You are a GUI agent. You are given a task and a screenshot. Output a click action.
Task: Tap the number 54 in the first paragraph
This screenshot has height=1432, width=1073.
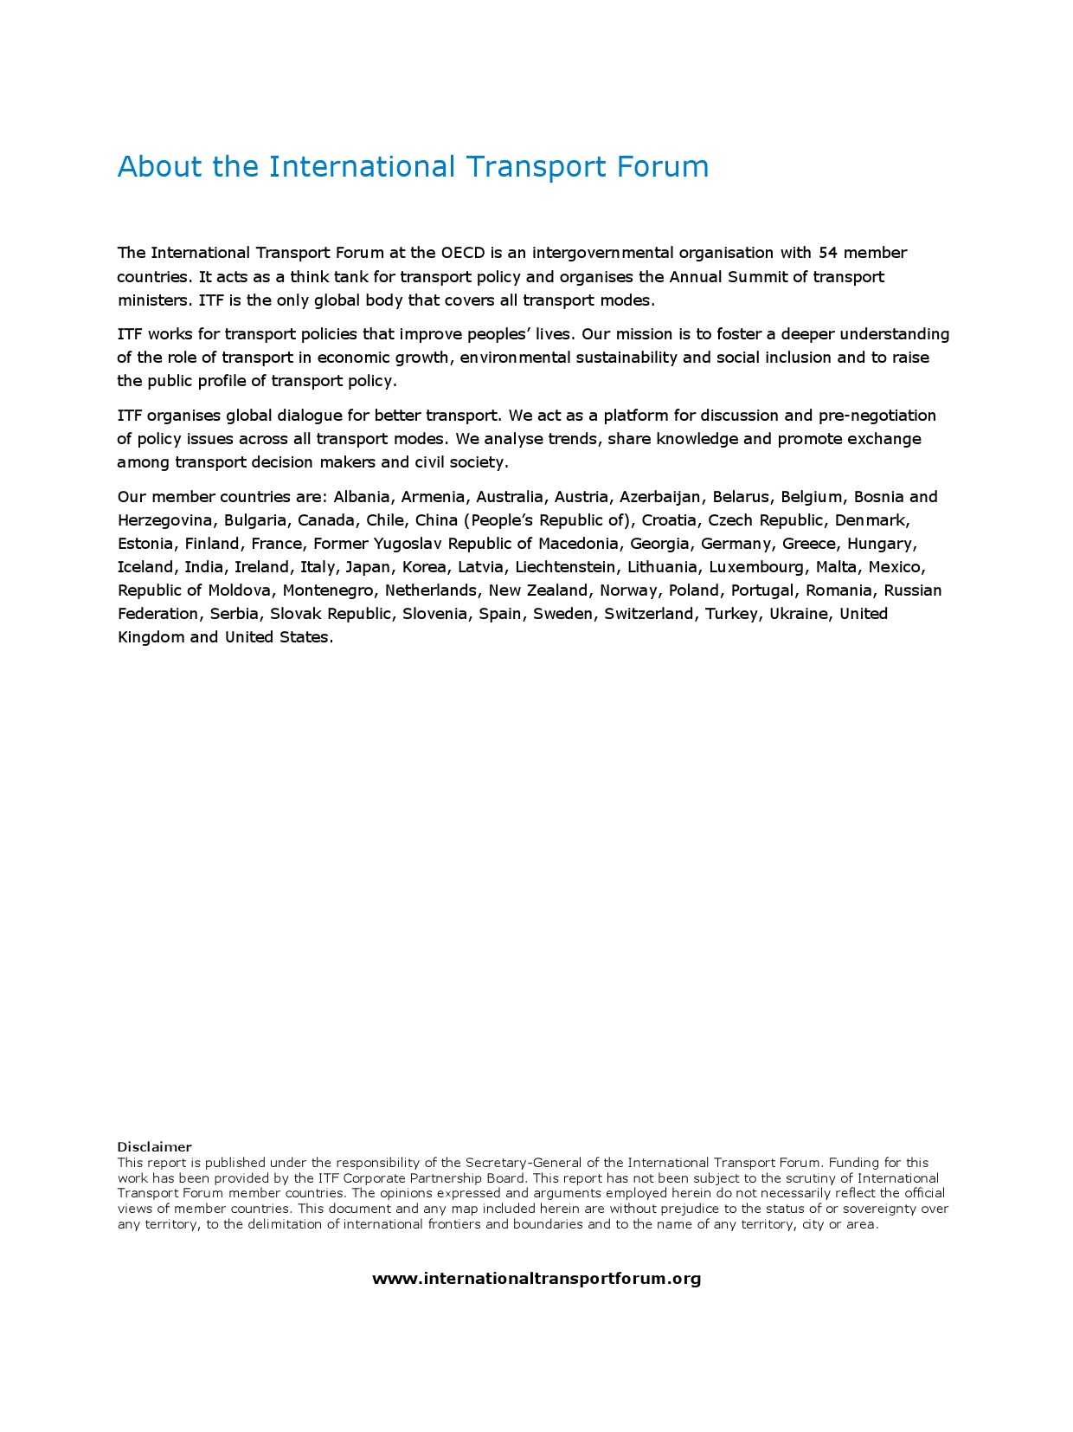pos(827,253)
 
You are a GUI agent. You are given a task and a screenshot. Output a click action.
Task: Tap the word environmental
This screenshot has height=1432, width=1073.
pos(515,358)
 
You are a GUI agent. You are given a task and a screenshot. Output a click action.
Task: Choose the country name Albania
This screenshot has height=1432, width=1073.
pos(362,497)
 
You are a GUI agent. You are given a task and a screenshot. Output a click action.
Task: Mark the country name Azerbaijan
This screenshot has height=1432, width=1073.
pos(660,497)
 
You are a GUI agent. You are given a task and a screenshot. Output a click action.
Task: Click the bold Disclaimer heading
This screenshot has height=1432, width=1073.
pos(154,1147)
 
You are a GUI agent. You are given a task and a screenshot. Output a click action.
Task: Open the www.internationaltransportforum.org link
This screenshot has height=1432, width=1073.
pos(536,1279)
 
